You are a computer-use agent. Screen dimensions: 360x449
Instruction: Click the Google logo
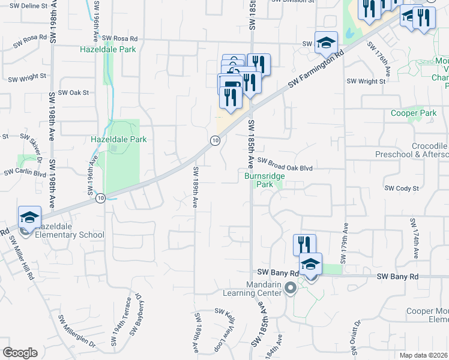pyautogui.click(x=20, y=353)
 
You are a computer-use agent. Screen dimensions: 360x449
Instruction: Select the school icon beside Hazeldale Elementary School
pyautogui.click(x=29, y=218)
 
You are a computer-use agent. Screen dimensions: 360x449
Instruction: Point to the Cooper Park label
pyautogui.click(x=413, y=113)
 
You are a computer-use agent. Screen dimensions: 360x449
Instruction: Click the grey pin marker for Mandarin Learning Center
pyautogui.click(x=291, y=289)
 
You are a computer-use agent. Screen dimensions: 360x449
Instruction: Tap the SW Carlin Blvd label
pyautogui.click(x=25, y=173)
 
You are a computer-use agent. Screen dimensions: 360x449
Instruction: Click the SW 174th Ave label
pyautogui.click(x=414, y=239)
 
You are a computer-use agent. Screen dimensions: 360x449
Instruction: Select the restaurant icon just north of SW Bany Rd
pyautogui.click(x=304, y=245)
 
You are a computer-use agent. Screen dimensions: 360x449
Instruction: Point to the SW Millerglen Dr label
pyautogui.click(x=77, y=330)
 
